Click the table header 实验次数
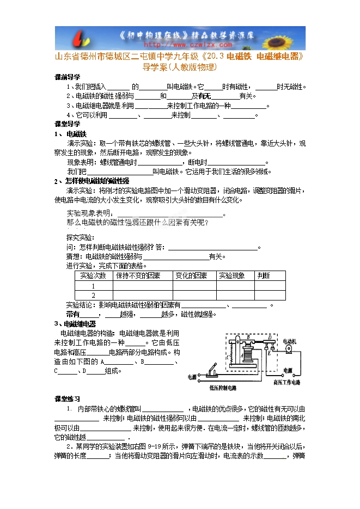pos(93,276)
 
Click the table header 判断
pos(264,276)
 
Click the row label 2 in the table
pos(93,296)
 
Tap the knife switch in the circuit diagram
pos(210,374)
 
